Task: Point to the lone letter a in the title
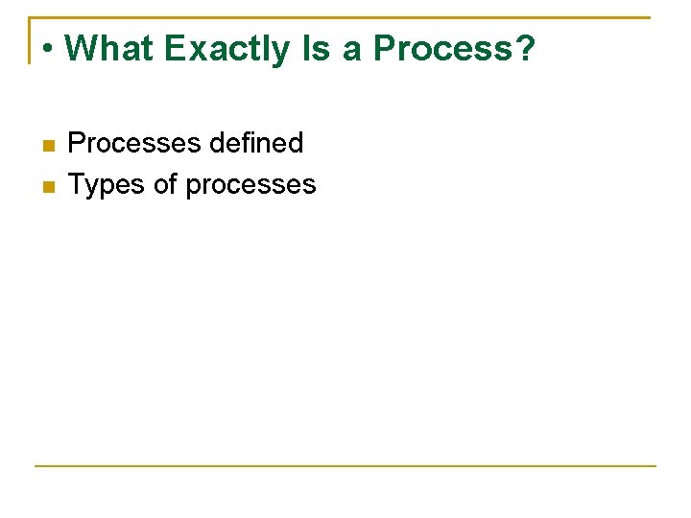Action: click(x=352, y=50)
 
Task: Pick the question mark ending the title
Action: click(x=525, y=48)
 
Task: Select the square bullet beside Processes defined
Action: click(x=48, y=146)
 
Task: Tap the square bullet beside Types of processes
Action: click(x=48, y=186)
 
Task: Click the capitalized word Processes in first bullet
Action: click(x=133, y=144)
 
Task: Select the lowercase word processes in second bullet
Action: click(x=250, y=186)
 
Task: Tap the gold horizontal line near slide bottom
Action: click(x=345, y=466)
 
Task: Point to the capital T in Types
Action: click(x=77, y=184)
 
